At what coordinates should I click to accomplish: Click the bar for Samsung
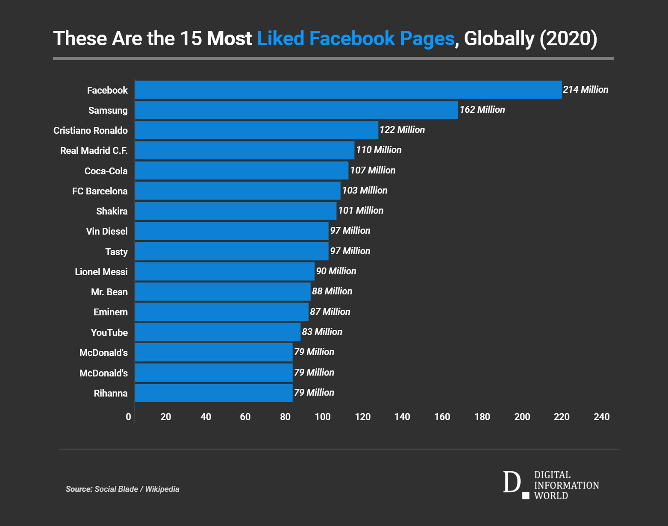tap(296, 110)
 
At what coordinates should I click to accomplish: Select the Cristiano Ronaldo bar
tap(256, 130)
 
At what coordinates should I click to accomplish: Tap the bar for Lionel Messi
tap(224, 271)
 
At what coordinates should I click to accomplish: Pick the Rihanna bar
tap(214, 393)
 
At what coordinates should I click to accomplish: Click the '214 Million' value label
tap(585, 90)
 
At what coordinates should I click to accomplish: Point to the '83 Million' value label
tap(322, 332)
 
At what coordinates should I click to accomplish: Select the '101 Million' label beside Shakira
tap(360, 211)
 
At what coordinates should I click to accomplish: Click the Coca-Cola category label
tap(106, 171)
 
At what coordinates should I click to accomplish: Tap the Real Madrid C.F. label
tap(94, 150)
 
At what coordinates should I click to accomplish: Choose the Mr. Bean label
tap(109, 292)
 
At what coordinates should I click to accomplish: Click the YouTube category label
tap(109, 332)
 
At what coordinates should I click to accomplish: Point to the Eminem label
tap(110, 312)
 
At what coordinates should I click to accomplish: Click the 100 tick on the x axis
tap(323, 417)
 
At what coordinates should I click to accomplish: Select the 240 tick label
tap(601, 417)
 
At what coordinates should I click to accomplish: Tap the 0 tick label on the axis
tap(128, 417)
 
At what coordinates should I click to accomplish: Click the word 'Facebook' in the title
tap(352, 38)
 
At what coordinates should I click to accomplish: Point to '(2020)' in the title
tap(568, 38)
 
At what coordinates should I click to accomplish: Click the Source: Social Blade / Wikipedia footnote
tap(122, 489)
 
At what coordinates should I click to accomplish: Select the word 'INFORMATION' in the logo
tap(566, 485)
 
